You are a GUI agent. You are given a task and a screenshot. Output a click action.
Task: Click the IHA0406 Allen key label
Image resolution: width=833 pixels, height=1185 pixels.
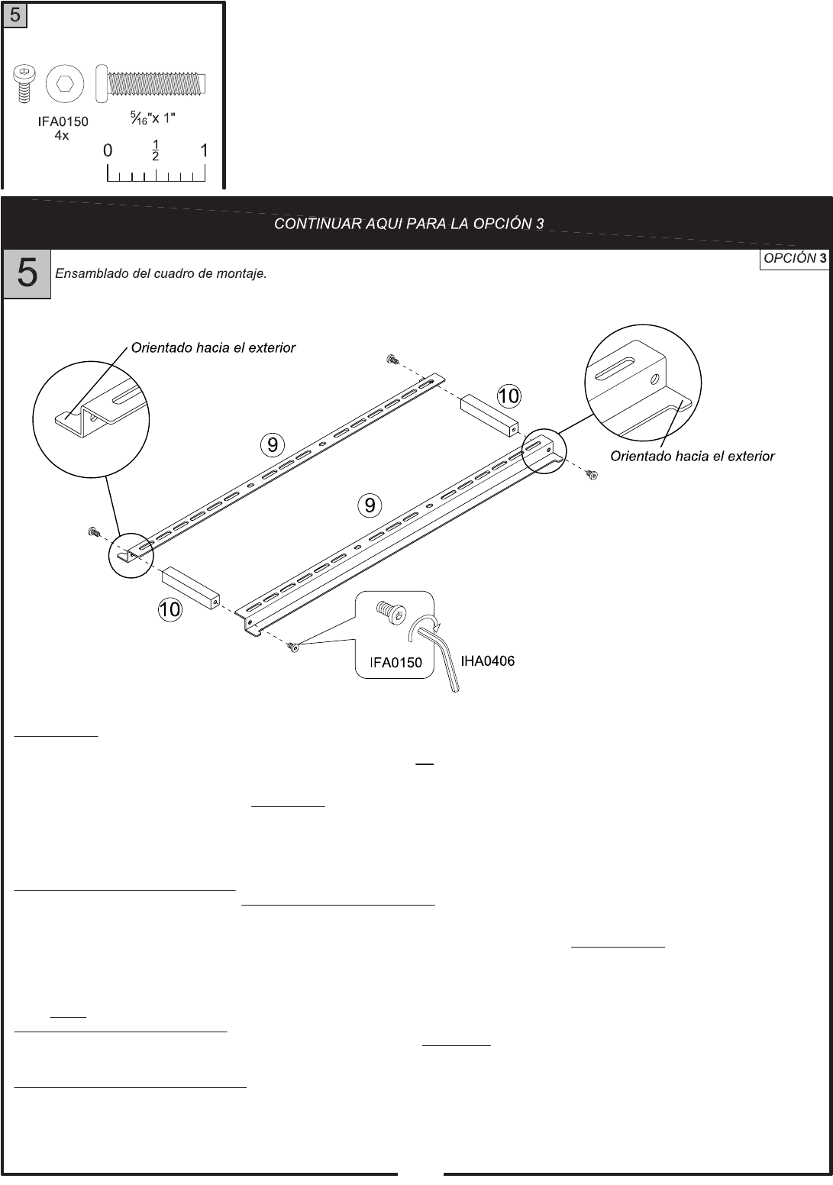(x=487, y=661)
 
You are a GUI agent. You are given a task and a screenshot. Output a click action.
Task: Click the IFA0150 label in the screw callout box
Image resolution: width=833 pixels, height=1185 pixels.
(x=396, y=663)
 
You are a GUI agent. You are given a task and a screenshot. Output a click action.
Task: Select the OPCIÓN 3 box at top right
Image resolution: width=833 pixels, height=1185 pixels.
(x=795, y=258)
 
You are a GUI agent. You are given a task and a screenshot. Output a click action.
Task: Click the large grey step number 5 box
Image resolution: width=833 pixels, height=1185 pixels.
(x=27, y=273)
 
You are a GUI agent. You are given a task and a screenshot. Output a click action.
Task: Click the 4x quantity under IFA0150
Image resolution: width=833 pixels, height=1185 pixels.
(x=62, y=135)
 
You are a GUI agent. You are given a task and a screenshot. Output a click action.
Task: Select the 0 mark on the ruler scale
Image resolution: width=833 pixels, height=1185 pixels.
(x=108, y=151)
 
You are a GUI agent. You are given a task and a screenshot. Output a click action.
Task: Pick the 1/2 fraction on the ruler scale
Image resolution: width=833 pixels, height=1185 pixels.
(x=156, y=151)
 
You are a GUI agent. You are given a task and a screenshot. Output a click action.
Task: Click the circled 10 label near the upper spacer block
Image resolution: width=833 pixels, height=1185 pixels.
(x=509, y=396)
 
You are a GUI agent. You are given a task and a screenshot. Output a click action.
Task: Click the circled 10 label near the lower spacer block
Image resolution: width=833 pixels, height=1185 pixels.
(x=170, y=609)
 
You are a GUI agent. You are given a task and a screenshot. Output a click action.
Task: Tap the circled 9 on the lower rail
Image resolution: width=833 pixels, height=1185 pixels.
(x=370, y=505)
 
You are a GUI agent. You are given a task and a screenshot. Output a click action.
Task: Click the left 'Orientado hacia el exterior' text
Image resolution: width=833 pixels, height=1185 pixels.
(x=213, y=348)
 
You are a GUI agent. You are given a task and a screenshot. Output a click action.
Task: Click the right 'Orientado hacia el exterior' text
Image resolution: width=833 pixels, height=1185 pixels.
(x=692, y=457)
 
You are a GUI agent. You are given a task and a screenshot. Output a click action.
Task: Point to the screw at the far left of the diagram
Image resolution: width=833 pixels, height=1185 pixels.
(x=93, y=531)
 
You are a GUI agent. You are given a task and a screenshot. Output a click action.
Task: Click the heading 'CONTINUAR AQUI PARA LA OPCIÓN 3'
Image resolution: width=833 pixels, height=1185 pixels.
(x=409, y=224)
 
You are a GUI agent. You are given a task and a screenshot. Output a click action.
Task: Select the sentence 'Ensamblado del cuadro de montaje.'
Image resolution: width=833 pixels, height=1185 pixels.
(x=161, y=274)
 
